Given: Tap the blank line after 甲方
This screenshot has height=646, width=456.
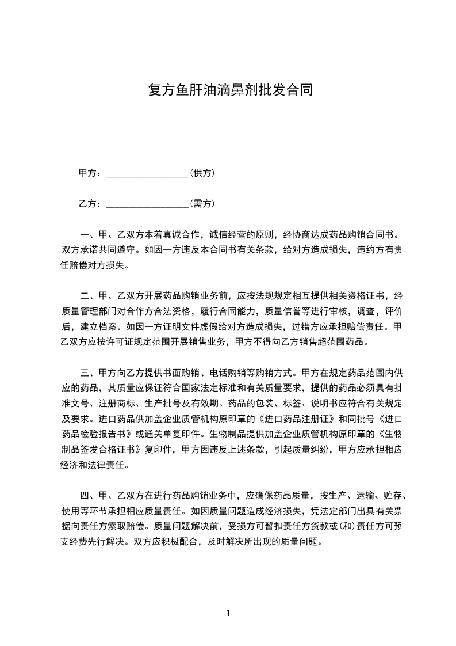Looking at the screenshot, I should (148, 173).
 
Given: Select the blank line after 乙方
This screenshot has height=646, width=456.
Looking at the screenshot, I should (148, 204).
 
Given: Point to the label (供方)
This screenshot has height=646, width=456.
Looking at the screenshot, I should (202, 173).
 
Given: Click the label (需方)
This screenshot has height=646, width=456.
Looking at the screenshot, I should (202, 203).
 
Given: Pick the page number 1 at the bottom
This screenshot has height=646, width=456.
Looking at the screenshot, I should (228, 613).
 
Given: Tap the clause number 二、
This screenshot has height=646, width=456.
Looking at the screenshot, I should (87, 297).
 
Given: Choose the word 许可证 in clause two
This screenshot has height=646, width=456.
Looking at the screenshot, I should (125, 341).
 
